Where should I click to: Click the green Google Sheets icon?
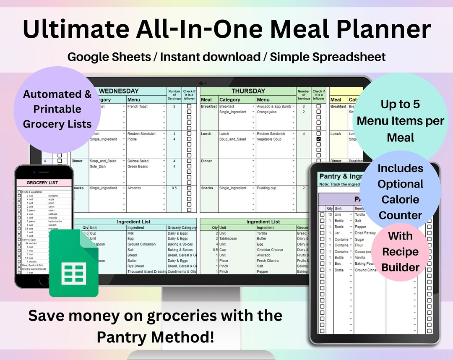pos(73,263)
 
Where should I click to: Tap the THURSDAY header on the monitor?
pos(248,91)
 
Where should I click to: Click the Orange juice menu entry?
pos(267,112)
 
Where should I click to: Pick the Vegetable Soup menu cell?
pos(271,139)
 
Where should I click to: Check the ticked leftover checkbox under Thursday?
pos(318,139)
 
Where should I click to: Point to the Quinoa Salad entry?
pos(138,161)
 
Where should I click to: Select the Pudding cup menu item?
pos(267,188)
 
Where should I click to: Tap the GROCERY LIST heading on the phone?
pos(42,183)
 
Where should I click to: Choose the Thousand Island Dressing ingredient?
pos(147,271)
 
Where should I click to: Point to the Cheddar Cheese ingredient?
pos(270,250)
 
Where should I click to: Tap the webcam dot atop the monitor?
pos(201,83)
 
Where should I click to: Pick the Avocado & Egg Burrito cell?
pos(274,107)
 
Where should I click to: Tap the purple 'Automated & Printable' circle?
pos(57,109)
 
